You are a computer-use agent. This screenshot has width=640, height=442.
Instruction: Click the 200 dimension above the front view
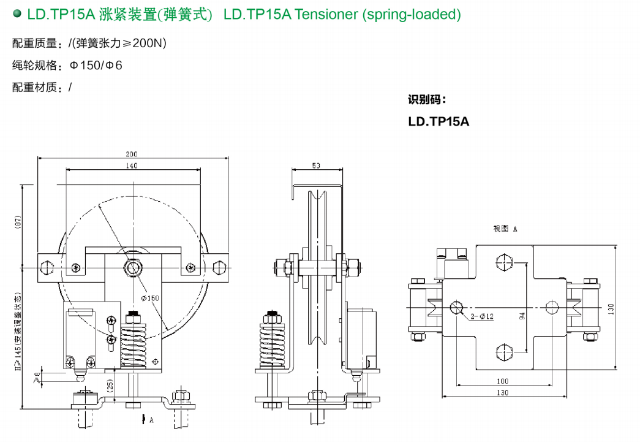pos(132,154)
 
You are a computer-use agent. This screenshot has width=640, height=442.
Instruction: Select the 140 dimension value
pos(132,166)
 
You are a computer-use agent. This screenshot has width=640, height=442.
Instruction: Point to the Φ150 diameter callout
pos(150,298)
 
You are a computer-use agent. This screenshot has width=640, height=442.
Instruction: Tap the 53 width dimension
pos(316,166)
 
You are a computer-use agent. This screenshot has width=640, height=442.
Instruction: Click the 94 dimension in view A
pos(522,316)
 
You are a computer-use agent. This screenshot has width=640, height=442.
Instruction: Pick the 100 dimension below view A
pos(502,381)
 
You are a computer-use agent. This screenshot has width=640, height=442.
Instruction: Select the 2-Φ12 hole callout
pos(482,316)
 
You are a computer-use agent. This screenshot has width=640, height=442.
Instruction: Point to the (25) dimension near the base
pos(110,385)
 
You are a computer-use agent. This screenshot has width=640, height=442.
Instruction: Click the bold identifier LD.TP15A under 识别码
pos(439,121)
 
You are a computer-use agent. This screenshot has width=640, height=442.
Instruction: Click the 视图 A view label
pos(505,229)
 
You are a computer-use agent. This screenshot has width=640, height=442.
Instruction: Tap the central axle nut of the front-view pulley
pos(132,267)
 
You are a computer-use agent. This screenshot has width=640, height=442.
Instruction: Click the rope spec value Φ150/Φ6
pos(96,65)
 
